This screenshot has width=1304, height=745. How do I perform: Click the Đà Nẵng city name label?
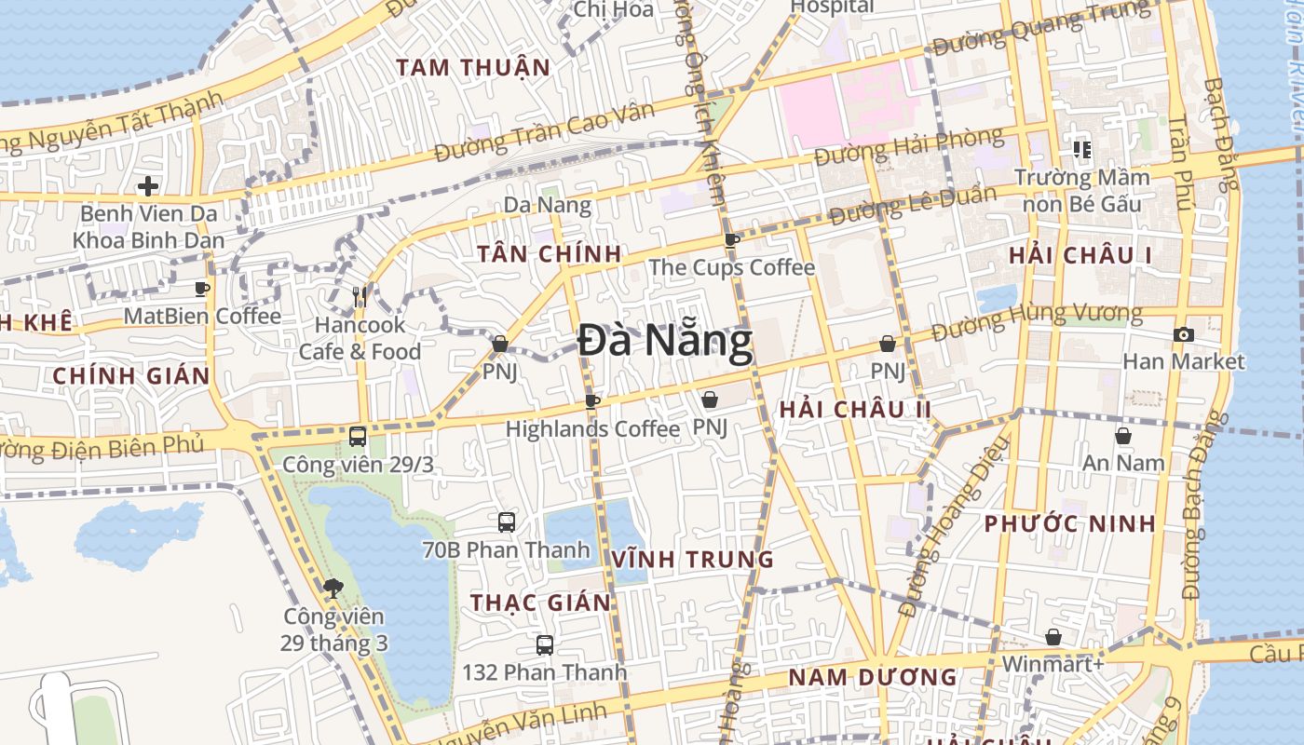[x=664, y=341]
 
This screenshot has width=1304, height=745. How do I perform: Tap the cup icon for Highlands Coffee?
[x=591, y=401]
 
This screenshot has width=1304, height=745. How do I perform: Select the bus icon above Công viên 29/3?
[x=358, y=436]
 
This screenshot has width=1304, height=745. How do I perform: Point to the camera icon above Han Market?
[x=1183, y=334]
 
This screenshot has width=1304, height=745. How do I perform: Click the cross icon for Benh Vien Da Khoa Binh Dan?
[x=148, y=186]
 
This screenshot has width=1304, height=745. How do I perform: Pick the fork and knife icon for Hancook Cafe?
[x=360, y=297]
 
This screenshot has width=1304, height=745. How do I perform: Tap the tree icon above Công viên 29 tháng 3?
[x=333, y=589]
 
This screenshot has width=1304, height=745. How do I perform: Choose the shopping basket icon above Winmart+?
[x=1053, y=637]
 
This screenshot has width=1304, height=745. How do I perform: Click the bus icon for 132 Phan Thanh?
[x=545, y=644]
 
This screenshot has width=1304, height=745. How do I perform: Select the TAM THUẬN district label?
[x=473, y=67]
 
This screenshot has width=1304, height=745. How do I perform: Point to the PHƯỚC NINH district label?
[x=1070, y=523]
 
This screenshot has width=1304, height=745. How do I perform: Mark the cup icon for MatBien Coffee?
[x=202, y=289]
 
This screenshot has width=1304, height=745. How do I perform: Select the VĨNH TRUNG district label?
[x=693, y=560]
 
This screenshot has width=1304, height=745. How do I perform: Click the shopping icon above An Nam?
[x=1123, y=436]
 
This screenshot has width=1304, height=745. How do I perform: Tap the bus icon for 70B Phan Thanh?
[x=507, y=522]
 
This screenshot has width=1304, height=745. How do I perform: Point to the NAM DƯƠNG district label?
[x=873, y=677]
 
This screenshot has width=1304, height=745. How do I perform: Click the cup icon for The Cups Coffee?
[x=732, y=240]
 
